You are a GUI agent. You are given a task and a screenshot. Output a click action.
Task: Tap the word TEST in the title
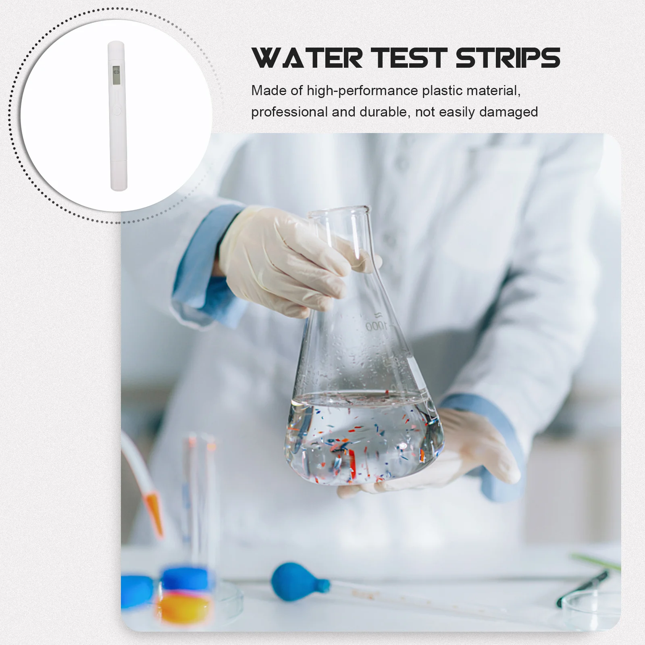click(x=409, y=58)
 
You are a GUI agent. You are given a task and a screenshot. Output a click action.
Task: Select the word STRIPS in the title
click(x=508, y=58)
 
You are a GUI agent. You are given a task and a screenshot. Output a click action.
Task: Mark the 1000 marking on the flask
click(x=376, y=326)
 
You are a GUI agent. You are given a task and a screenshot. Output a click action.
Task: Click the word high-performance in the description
click(x=362, y=91)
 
